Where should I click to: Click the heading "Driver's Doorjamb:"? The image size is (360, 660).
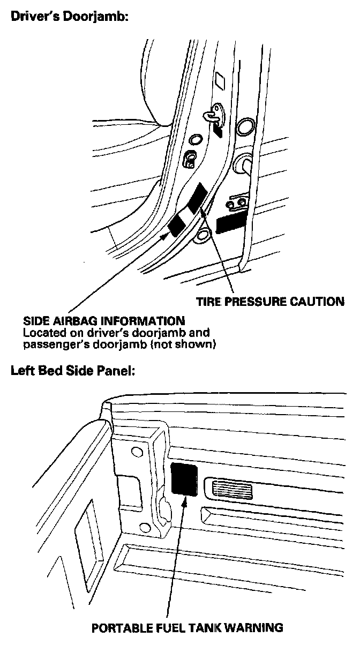click(x=70, y=17)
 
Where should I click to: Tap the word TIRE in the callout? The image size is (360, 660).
click(x=207, y=302)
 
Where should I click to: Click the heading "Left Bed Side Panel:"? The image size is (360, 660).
click(x=72, y=371)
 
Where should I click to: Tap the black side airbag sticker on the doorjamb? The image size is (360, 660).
click(x=176, y=225)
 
